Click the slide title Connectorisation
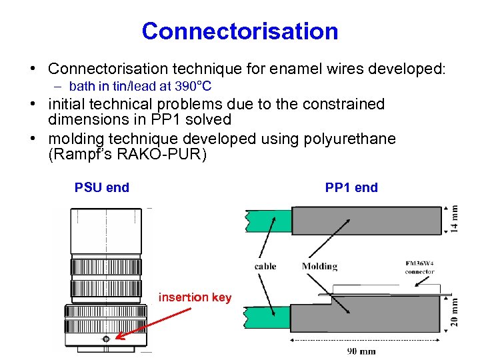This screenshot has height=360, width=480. coord(240,31)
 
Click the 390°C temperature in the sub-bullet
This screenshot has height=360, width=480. coord(192,86)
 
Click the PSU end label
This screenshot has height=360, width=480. coord(102,187)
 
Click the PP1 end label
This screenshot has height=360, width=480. coord(351,187)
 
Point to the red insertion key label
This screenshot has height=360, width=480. coord(195,297)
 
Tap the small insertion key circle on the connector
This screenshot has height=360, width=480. coord(106,341)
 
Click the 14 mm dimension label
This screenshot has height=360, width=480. coord(455,217)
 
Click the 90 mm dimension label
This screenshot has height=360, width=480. coord(363,351)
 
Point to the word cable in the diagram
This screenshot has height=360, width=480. coord(265,267)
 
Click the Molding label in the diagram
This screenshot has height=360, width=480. coord(319,267)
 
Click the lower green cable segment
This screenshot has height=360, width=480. coord(267,317)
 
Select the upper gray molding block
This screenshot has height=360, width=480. coord(367,220)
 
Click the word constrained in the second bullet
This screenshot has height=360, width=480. coord(345,105)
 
